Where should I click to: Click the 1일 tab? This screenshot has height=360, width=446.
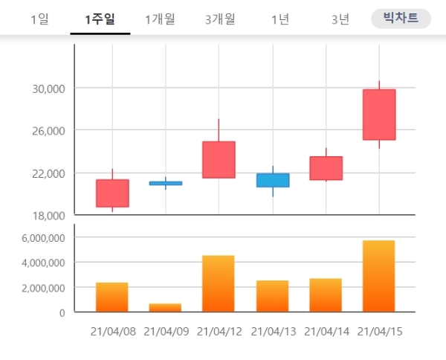[40, 19]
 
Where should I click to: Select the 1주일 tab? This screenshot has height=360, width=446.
[100, 19]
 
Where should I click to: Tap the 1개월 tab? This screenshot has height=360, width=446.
[160, 19]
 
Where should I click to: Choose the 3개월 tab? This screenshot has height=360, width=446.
[220, 19]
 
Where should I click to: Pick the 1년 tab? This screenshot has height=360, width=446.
[280, 19]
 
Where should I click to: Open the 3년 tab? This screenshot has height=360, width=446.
[340, 19]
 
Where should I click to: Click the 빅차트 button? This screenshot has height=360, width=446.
[401, 19]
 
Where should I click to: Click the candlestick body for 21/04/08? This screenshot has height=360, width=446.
[112, 193]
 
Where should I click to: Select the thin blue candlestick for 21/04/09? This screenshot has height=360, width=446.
[165, 182]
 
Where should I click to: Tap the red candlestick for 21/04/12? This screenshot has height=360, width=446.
[219, 159]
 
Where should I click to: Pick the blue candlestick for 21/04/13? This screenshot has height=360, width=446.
[273, 180]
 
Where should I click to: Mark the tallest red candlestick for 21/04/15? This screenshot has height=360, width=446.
[379, 114]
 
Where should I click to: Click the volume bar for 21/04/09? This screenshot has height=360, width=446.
[165, 307]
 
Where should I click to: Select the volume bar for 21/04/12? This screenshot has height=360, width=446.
[219, 283]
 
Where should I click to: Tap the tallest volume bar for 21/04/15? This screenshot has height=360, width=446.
[379, 276]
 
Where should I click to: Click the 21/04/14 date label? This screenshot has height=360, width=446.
[326, 331]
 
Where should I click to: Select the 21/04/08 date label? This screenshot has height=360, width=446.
[113, 331]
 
